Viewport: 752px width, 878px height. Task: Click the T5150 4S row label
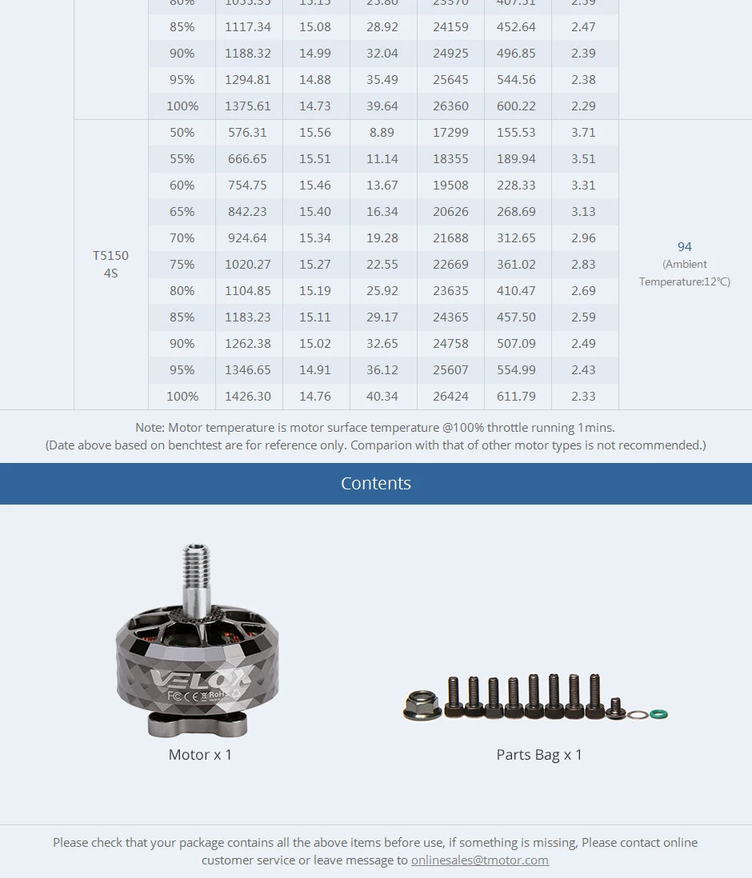tap(110, 264)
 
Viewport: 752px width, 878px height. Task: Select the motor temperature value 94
tap(684, 247)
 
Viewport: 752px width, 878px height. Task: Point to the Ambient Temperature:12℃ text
tap(684, 273)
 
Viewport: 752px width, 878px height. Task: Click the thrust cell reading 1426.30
tap(247, 397)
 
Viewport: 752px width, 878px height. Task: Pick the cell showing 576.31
tap(247, 133)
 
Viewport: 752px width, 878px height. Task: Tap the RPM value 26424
tap(450, 397)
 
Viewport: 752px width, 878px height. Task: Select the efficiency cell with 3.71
tap(583, 133)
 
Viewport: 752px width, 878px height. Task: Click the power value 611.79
tap(516, 397)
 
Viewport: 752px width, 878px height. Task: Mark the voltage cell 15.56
tap(314, 133)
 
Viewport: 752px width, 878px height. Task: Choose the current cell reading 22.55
tap(382, 265)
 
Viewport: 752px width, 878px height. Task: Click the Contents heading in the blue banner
tap(376, 484)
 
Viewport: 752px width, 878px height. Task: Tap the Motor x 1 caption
tap(200, 755)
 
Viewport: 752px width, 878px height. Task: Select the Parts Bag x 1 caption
tap(539, 755)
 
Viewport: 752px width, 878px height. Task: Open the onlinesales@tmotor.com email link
tap(480, 860)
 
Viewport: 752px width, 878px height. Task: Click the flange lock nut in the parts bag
tap(422, 705)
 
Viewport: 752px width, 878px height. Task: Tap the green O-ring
tap(658, 713)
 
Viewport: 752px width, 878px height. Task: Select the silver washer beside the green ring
tap(638, 714)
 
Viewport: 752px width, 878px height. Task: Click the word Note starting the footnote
tap(150, 428)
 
